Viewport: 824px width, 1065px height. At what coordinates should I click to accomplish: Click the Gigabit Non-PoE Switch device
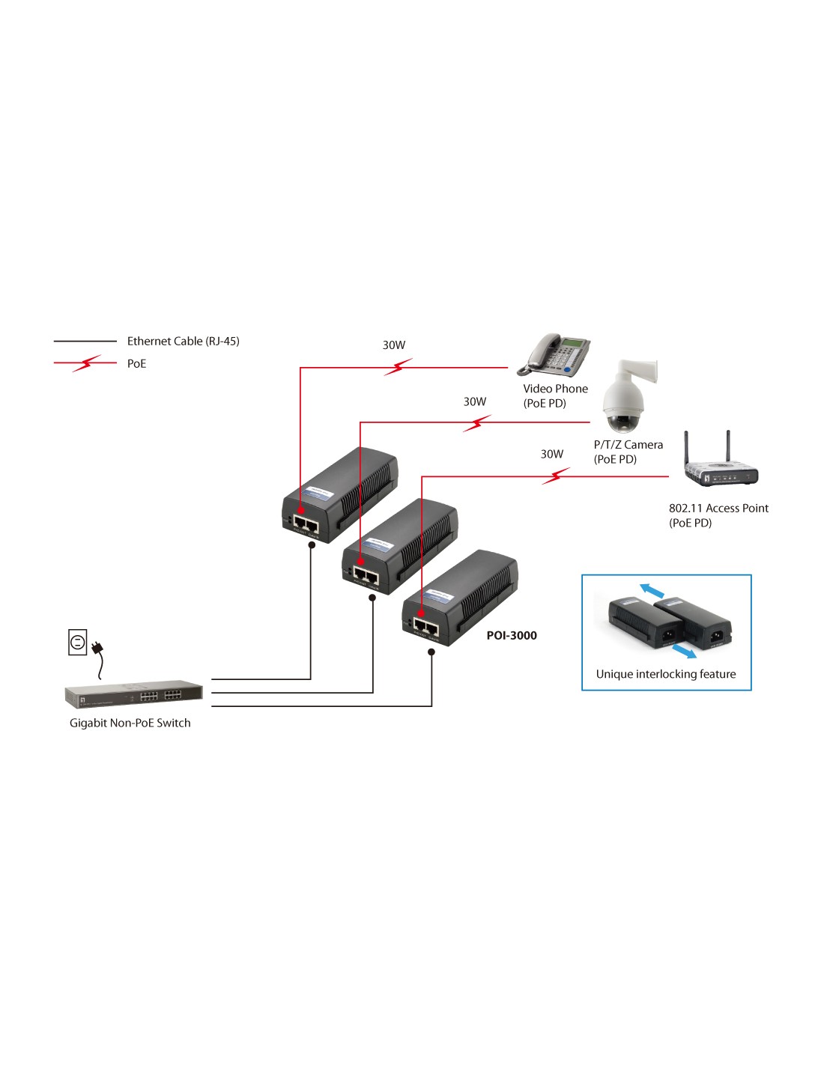pos(133,694)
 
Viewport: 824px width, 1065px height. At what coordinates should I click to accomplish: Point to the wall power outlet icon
pos(77,642)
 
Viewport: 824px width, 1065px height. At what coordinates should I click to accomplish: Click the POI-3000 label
pos(512,635)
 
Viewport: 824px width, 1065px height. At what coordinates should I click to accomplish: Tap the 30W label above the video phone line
pos(394,345)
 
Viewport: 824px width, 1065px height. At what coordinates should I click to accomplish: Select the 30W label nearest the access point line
pos(552,454)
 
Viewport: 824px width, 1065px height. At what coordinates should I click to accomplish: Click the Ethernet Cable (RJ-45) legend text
pos(184,341)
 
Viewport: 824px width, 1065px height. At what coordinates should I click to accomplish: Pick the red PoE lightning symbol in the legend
pos(86,363)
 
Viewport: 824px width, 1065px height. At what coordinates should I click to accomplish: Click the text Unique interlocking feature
pos(666,674)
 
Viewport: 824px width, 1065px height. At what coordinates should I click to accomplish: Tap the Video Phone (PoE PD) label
pos(555,395)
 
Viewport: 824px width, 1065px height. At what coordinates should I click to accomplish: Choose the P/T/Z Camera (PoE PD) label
pos(628,452)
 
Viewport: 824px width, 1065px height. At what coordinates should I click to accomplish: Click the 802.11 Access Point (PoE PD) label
pos(718,515)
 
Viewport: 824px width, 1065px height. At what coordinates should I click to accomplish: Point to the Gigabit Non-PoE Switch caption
pos(130,723)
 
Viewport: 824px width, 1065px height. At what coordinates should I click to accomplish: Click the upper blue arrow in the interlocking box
pos(652,590)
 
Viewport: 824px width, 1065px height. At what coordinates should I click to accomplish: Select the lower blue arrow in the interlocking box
pos(684,650)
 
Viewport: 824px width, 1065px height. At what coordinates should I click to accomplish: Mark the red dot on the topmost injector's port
pos(300,511)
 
